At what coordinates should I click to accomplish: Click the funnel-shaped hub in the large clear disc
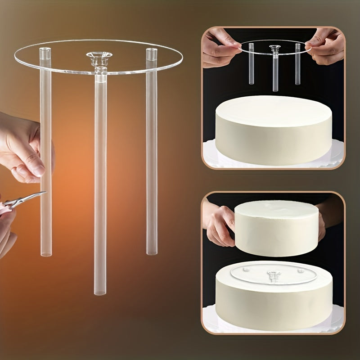click(99, 58)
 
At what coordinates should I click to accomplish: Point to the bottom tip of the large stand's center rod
click(100, 292)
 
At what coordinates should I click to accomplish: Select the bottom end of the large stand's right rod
click(152, 252)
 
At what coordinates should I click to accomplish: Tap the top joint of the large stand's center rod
click(100, 70)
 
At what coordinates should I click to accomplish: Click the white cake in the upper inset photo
click(274, 130)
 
